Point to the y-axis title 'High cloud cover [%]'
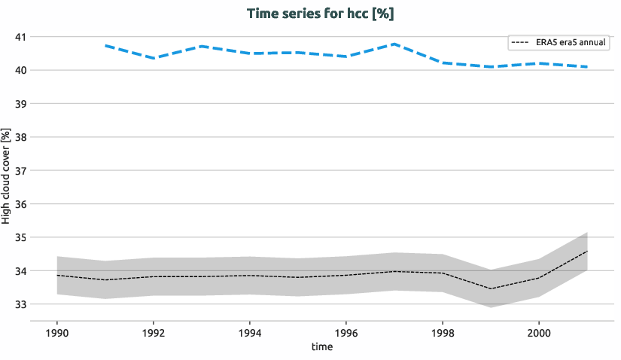point(7,177)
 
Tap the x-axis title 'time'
point(321,347)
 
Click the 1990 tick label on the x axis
point(57,332)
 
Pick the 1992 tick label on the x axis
point(154,332)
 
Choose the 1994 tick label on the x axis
point(250,332)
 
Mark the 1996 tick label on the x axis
point(346,332)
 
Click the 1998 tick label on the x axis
point(443,332)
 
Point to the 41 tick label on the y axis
point(20,37)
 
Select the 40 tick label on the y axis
point(20,71)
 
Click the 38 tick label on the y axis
point(20,138)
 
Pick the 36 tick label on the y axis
point(20,204)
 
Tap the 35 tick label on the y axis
point(20,238)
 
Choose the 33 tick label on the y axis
point(20,305)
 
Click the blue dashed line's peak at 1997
point(394,44)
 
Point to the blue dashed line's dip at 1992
point(154,58)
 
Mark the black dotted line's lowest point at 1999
point(491,288)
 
